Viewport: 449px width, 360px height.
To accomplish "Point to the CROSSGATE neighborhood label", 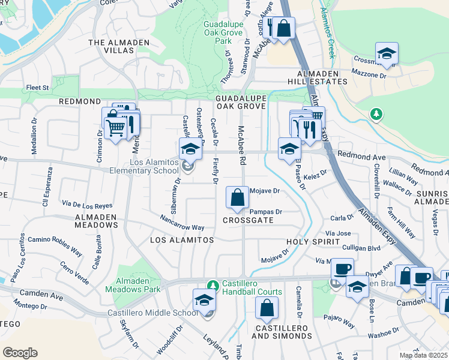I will [248, 220].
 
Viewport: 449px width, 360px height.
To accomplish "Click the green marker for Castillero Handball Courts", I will [211, 284].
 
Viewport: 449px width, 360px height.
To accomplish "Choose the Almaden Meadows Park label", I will [133, 284].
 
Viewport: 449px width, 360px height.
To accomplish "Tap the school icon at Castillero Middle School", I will [204, 299].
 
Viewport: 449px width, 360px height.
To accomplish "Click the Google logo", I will [20, 353].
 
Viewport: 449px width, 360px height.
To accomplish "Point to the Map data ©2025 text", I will [423, 355].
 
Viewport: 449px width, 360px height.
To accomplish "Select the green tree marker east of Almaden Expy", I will [376, 113].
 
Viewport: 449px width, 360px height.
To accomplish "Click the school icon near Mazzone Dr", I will [387, 53].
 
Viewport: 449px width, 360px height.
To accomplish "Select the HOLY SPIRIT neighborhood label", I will [309, 242].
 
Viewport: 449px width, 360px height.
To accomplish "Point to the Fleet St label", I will [37, 88].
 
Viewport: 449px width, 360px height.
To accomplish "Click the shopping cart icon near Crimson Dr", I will [115, 127].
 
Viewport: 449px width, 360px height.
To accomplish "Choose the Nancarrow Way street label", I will [182, 223].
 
